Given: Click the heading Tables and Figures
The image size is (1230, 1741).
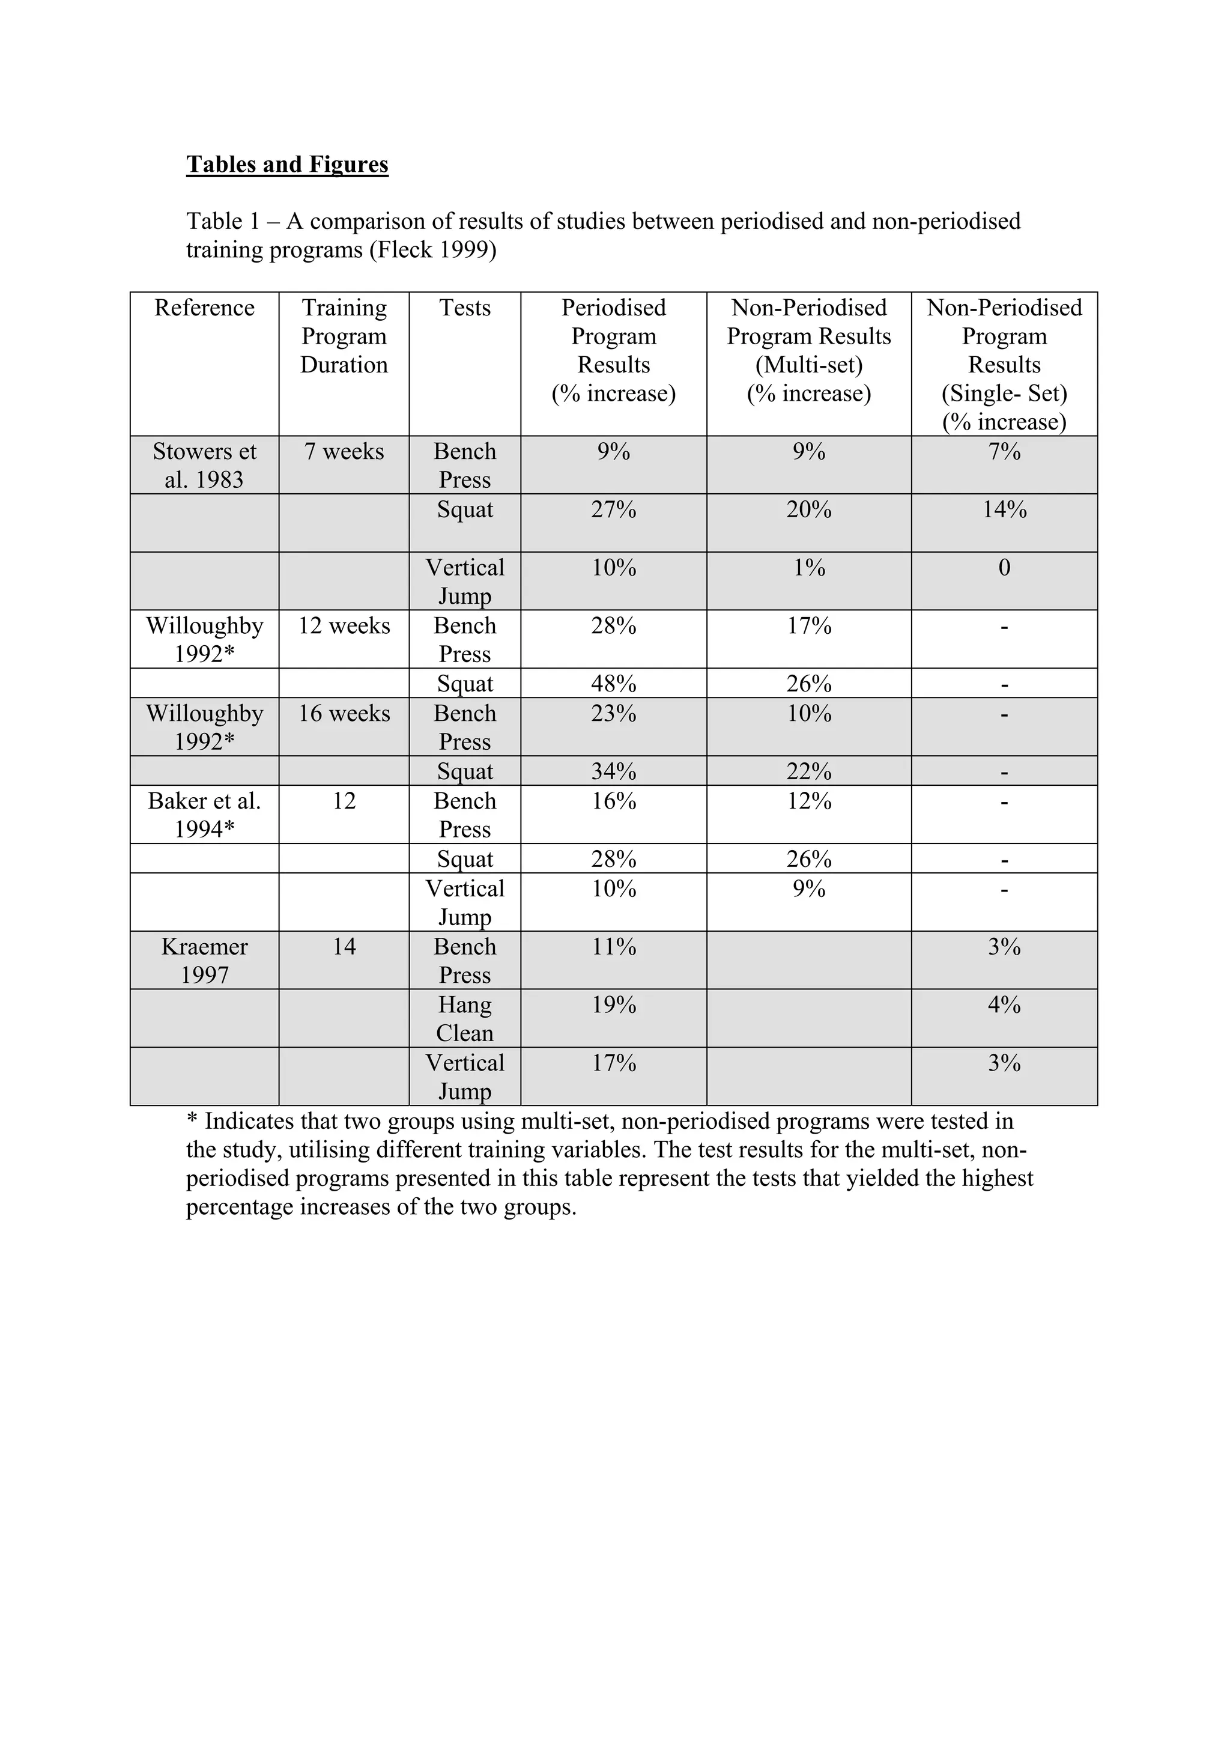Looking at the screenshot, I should click(287, 165).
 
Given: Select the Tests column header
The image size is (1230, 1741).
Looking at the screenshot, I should click(465, 308).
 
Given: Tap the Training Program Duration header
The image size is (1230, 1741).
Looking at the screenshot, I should click(344, 336).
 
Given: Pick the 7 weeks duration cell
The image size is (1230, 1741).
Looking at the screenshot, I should click(344, 451).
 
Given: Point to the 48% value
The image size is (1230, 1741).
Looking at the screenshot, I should click(613, 683).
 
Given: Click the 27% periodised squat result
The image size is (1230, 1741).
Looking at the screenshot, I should click(613, 509).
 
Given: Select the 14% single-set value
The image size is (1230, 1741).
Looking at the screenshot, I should click(1004, 509).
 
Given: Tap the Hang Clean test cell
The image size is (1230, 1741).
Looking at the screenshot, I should click(465, 1018).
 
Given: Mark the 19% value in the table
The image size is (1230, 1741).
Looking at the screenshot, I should click(613, 1004).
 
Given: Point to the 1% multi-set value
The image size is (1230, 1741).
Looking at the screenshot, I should click(808, 567).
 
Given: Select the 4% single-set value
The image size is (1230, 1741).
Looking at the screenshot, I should click(1004, 1004).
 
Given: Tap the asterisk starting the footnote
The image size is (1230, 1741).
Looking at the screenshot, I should click(192, 1122).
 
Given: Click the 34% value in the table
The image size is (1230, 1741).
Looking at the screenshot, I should click(613, 771).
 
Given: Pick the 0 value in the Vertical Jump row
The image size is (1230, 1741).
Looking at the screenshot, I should click(1004, 567).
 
